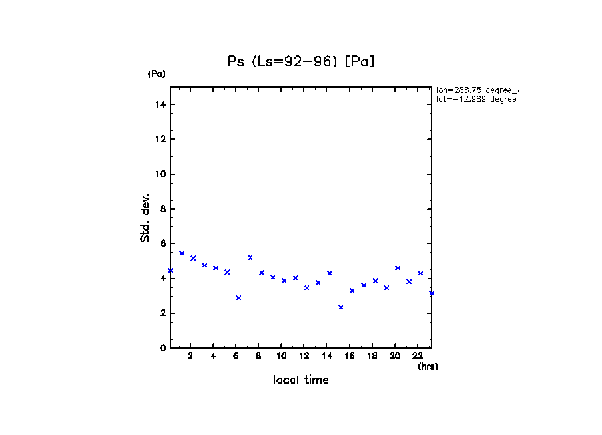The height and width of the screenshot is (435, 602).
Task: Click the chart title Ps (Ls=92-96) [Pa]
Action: [300, 61]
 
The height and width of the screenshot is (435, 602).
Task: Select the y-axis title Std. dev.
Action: [145, 217]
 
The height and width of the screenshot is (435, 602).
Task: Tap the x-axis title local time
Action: [300, 380]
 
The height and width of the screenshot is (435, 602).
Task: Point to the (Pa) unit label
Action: [156, 74]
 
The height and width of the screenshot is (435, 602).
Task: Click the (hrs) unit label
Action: [428, 366]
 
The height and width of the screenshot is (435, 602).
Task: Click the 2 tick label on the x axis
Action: [190, 356]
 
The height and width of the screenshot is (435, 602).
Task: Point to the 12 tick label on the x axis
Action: [304, 356]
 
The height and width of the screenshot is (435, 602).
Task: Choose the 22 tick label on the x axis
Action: [418, 356]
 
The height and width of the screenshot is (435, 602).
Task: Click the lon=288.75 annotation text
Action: [477, 90]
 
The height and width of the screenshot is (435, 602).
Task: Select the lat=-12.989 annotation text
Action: [477, 99]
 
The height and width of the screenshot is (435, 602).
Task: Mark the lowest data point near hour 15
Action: [341, 307]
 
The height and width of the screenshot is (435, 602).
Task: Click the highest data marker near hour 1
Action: [182, 253]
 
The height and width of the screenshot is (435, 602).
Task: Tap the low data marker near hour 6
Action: [238, 298]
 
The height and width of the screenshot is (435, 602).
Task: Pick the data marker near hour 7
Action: [250, 257]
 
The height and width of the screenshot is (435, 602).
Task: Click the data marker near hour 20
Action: [398, 268]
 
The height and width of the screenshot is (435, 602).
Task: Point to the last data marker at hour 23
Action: [432, 293]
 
